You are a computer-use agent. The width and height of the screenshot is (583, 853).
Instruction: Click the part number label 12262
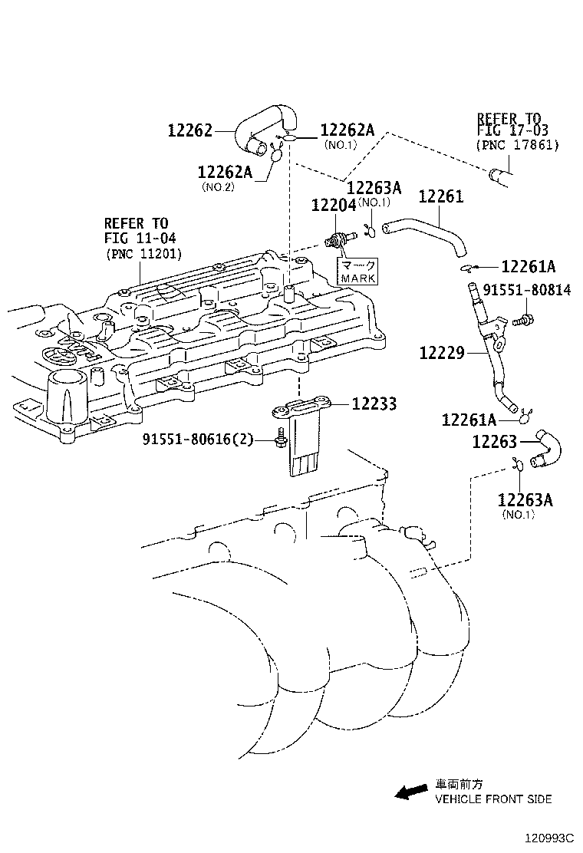pyautogui.click(x=189, y=130)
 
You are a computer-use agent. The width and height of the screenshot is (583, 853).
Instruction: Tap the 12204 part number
pyautogui.click(x=333, y=205)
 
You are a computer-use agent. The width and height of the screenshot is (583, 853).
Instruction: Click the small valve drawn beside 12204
pyautogui.click(x=338, y=239)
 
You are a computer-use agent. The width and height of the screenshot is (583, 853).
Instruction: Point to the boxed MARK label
pyautogui.click(x=357, y=271)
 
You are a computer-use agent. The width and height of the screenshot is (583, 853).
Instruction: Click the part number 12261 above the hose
pyautogui.click(x=440, y=197)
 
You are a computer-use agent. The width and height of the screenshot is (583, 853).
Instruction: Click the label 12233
pyautogui.click(x=374, y=403)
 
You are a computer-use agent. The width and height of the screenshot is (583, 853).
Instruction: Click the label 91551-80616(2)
pyautogui.click(x=197, y=440)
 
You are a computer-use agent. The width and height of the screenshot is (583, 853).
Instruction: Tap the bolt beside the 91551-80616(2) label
pyautogui.click(x=280, y=440)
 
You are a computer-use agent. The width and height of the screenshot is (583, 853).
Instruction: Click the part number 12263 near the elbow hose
pyautogui.click(x=495, y=441)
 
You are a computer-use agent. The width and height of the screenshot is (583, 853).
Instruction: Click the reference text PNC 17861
pyautogui.click(x=517, y=144)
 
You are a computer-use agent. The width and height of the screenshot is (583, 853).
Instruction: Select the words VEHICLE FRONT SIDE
pyautogui.click(x=493, y=799)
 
